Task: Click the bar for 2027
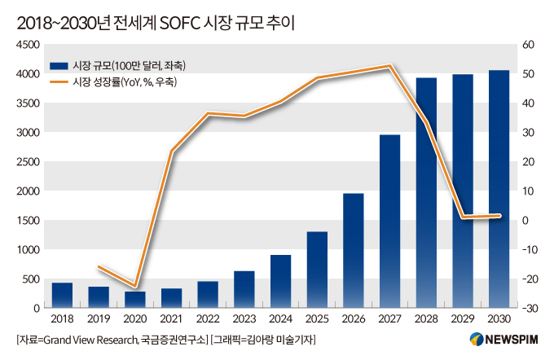pyautogui.click(x=389, y=222)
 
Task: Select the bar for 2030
pyautogui.click(x=499, y=189)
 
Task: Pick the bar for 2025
pyautogui.click(x=317, y=270)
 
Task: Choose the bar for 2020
pyautogui.click(x=134, y=300)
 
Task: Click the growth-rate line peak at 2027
pyautogui.click(x=389, y=66)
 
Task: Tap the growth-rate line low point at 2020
pyautogui.click(x=134, y=286)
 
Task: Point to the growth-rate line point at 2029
pyautogui.click(x=463, y=217)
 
